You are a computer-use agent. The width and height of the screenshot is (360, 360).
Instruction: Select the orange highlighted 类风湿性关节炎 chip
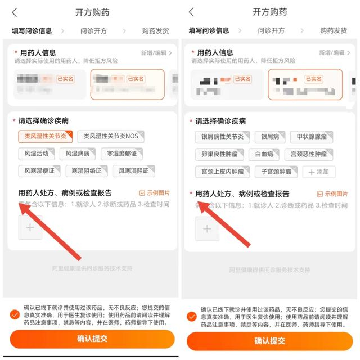click(x=46, y=136)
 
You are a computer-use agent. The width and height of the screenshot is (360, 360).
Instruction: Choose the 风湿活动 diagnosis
click(x=37, y=153)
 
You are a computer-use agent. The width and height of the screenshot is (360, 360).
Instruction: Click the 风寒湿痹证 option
click(x=39, y=170)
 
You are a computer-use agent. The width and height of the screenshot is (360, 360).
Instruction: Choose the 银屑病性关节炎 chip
click(x=222, y=137)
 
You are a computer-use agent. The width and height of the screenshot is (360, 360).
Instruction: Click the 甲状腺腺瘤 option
click(x=311, y=137)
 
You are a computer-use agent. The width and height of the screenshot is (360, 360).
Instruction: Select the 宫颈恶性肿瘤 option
click(x=308, y=154)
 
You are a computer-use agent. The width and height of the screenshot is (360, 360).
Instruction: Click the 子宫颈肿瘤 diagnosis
click(x=276, y=172)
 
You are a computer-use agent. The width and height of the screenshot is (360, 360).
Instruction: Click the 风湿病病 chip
click(x=78, y=153)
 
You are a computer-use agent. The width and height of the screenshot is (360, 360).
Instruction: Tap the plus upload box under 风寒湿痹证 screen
click(x=30, y=227)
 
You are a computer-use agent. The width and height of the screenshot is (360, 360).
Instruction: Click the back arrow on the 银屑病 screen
click(x=191, y=12)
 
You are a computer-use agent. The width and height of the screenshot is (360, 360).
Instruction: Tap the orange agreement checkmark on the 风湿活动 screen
click(x=15, y=314)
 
